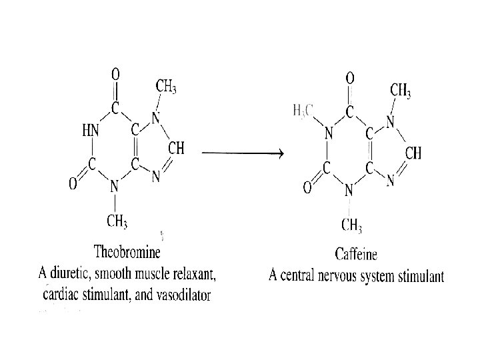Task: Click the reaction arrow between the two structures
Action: tap(242, 153)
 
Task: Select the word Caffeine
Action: tap(356, 253)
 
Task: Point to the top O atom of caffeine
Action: tap(350, 77)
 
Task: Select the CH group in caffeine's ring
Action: tap(413, 153)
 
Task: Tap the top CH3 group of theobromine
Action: tap(167, 85)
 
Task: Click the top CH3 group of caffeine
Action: tap(401, 89)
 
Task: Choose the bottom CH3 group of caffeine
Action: tap(352, 225)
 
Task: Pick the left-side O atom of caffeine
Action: tap(307, 188)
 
